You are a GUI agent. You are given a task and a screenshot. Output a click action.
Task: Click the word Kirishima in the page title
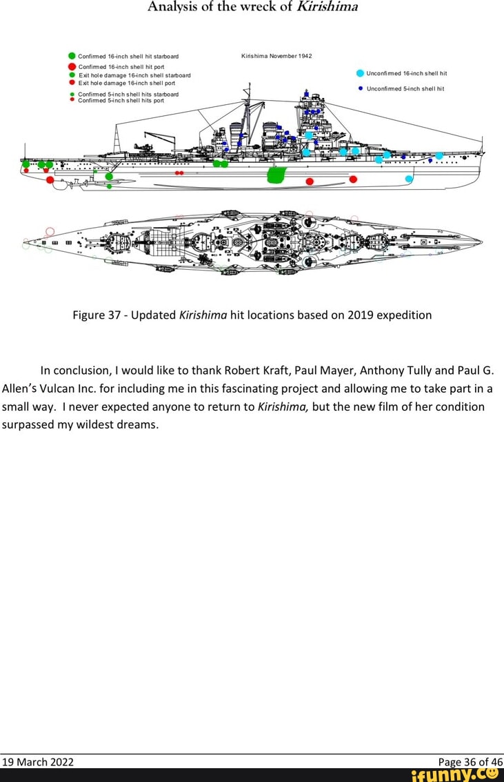coord(327,8)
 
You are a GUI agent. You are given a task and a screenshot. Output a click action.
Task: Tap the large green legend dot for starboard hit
coord(72,56)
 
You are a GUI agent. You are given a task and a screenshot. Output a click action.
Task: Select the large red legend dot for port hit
coord(72,66)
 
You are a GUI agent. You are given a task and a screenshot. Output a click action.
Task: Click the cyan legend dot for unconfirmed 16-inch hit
coord(360,72)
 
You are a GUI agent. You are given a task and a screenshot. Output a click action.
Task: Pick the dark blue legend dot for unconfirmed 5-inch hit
coord(361,88)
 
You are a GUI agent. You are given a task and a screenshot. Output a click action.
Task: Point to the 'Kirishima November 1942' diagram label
coord(276,56)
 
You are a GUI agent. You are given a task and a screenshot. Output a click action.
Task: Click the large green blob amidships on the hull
coord(276,175)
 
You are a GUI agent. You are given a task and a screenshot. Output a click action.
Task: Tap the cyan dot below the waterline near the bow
coord(409,179)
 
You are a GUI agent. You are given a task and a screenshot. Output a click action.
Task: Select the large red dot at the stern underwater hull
coord(50,180)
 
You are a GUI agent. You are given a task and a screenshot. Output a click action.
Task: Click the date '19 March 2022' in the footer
coord(38,762)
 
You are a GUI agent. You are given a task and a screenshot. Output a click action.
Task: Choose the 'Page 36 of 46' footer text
coord(470,762)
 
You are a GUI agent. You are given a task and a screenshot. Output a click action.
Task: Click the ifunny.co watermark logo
coord(454,775)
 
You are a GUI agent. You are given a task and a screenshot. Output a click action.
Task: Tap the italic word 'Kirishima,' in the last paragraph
coord(283,407)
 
